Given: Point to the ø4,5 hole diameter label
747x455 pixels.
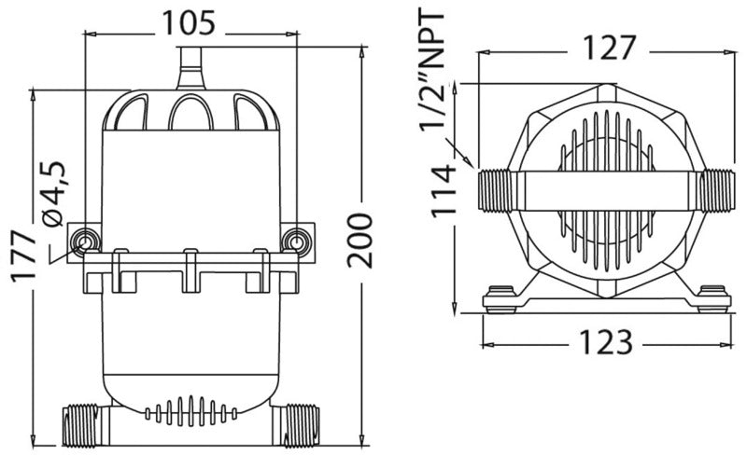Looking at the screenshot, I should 54,192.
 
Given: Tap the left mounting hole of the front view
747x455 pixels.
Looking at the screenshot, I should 85,242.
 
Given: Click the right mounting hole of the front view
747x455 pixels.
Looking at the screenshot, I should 298,242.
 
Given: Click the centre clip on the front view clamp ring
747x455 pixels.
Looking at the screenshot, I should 190,269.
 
